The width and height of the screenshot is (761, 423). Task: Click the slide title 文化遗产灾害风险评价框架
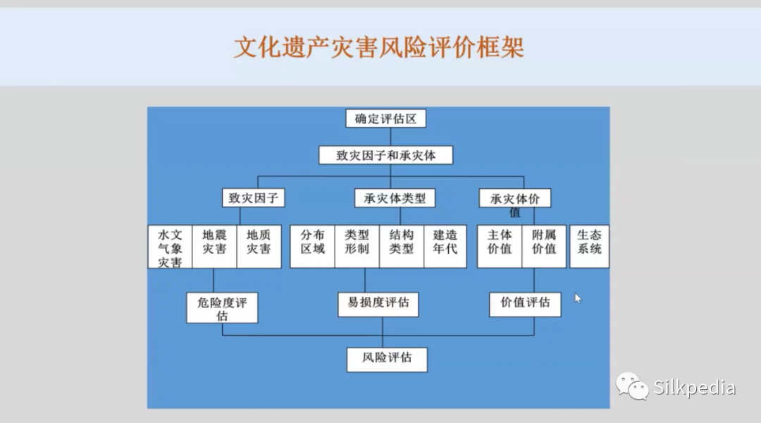[x=378, y=48]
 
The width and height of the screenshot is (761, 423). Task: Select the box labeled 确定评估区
[x=386, y=118]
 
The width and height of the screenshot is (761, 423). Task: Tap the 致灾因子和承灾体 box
[x=386, y=155]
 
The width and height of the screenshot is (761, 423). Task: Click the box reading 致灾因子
[x=254, y=197]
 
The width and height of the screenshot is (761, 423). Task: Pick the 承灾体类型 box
[x=395, y=198]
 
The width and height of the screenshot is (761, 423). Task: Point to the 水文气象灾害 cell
[x=170, y=246]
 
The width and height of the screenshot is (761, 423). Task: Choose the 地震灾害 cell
[x=214, y=246]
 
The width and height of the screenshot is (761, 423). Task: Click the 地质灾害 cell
[x=259, y=246]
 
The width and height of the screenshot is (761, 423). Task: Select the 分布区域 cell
[x=313, y=246]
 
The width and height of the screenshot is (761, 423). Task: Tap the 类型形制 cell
[x=357, y=246]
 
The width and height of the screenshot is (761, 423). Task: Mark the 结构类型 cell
[x=402, y=246]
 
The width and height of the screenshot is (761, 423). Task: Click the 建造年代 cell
[x=445, y=246]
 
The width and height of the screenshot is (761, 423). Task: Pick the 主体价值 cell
[x=500, y=246]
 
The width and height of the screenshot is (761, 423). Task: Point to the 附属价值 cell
[x=544, y=246]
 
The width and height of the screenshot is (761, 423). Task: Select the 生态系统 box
[x=589, y=246]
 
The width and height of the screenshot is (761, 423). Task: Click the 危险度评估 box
[x=222, y=308]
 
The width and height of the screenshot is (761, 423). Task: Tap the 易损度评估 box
[x=378, y=305]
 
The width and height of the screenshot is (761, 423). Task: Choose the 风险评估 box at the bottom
[x=388, y=360]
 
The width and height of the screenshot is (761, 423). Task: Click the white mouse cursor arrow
[x=578, y=298]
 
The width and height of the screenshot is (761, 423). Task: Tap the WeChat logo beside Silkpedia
[x=632, y=386]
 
